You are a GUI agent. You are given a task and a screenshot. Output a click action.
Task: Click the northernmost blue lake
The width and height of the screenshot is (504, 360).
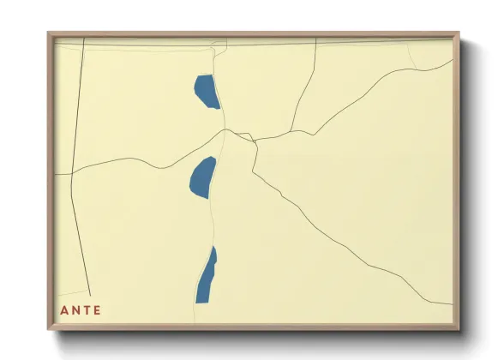pyautogui.click(x=206, y=91)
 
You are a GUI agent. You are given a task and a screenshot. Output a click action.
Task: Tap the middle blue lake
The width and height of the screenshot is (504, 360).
pyautogui.click(x=202, y=177)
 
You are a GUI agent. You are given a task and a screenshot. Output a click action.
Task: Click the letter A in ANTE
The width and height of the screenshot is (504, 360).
pyautogui.click(x=63, y=310)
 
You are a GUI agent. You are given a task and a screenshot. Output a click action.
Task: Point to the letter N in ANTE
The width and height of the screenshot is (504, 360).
pyautogui.click(x=75, y=310)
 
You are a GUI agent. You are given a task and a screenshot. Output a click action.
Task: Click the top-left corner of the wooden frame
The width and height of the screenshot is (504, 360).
pyautogui.click(x=48, y=33)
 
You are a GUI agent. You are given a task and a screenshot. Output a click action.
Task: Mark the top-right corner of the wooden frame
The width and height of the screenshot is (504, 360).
pyautogui.click(x=459, y=33)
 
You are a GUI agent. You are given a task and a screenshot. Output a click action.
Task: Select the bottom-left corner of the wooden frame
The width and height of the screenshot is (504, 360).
pyautogui.click(x=48, y=330)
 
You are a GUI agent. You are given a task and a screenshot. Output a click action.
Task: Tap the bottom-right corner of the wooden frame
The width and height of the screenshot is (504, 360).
pyautogui.click(x=459, y=330)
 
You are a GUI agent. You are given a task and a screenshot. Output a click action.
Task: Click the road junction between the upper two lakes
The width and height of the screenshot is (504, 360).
pyautogui.click(x=225, y=130)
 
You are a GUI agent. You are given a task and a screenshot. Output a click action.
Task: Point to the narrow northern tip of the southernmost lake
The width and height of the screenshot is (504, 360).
pyautogui.click(x=214, y=248)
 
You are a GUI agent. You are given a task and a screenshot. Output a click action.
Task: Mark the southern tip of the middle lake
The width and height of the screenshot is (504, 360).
pyautogui.click(x=207, y=198)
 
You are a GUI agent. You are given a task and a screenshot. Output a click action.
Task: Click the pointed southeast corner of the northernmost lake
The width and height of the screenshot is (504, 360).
pyautogui.click(x=219, y=108)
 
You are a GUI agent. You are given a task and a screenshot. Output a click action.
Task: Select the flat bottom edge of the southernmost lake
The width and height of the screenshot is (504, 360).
pyautogui.click(x=202, y=302)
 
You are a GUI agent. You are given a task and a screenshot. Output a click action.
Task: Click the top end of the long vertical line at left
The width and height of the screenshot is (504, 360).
pyautogui.click(x=83, y=39)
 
